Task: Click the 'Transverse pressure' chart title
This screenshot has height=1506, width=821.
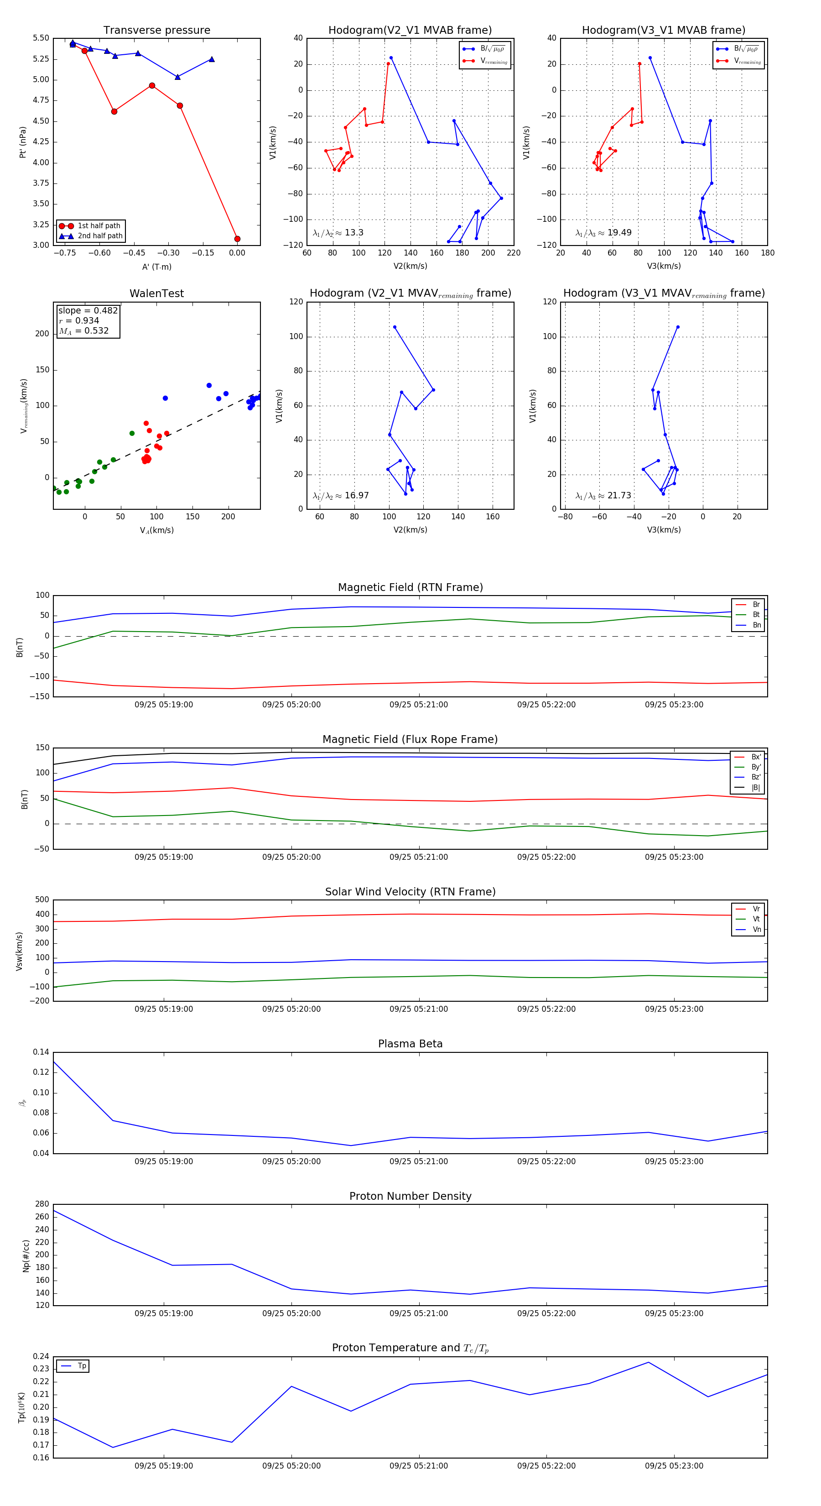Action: (x=156, y=31)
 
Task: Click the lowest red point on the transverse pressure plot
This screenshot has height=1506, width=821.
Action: (x=237, y=239)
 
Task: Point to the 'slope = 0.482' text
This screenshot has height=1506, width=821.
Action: (x=88, y=310)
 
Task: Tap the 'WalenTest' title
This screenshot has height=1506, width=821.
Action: (x=156, y=293)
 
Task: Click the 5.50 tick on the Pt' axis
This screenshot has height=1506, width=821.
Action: (x=41, y=38)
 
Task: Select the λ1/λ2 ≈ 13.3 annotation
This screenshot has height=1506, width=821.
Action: (x=338, y=233)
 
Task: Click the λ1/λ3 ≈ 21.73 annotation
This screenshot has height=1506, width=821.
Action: (x=603, y=496)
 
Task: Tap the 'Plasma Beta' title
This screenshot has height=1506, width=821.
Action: (x=410, y=1044)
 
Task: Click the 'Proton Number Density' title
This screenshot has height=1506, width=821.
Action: (x=410, y=1196)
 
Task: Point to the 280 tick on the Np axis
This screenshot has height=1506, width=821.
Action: (x=42, y=1204)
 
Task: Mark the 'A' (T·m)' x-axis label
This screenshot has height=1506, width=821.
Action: (x=156, y=267)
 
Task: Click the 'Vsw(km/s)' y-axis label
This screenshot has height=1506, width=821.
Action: (x=19, y=951)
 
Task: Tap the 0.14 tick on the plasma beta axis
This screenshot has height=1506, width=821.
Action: (x=41, y=1052)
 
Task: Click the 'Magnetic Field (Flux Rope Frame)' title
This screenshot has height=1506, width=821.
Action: (x=410, y=740)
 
